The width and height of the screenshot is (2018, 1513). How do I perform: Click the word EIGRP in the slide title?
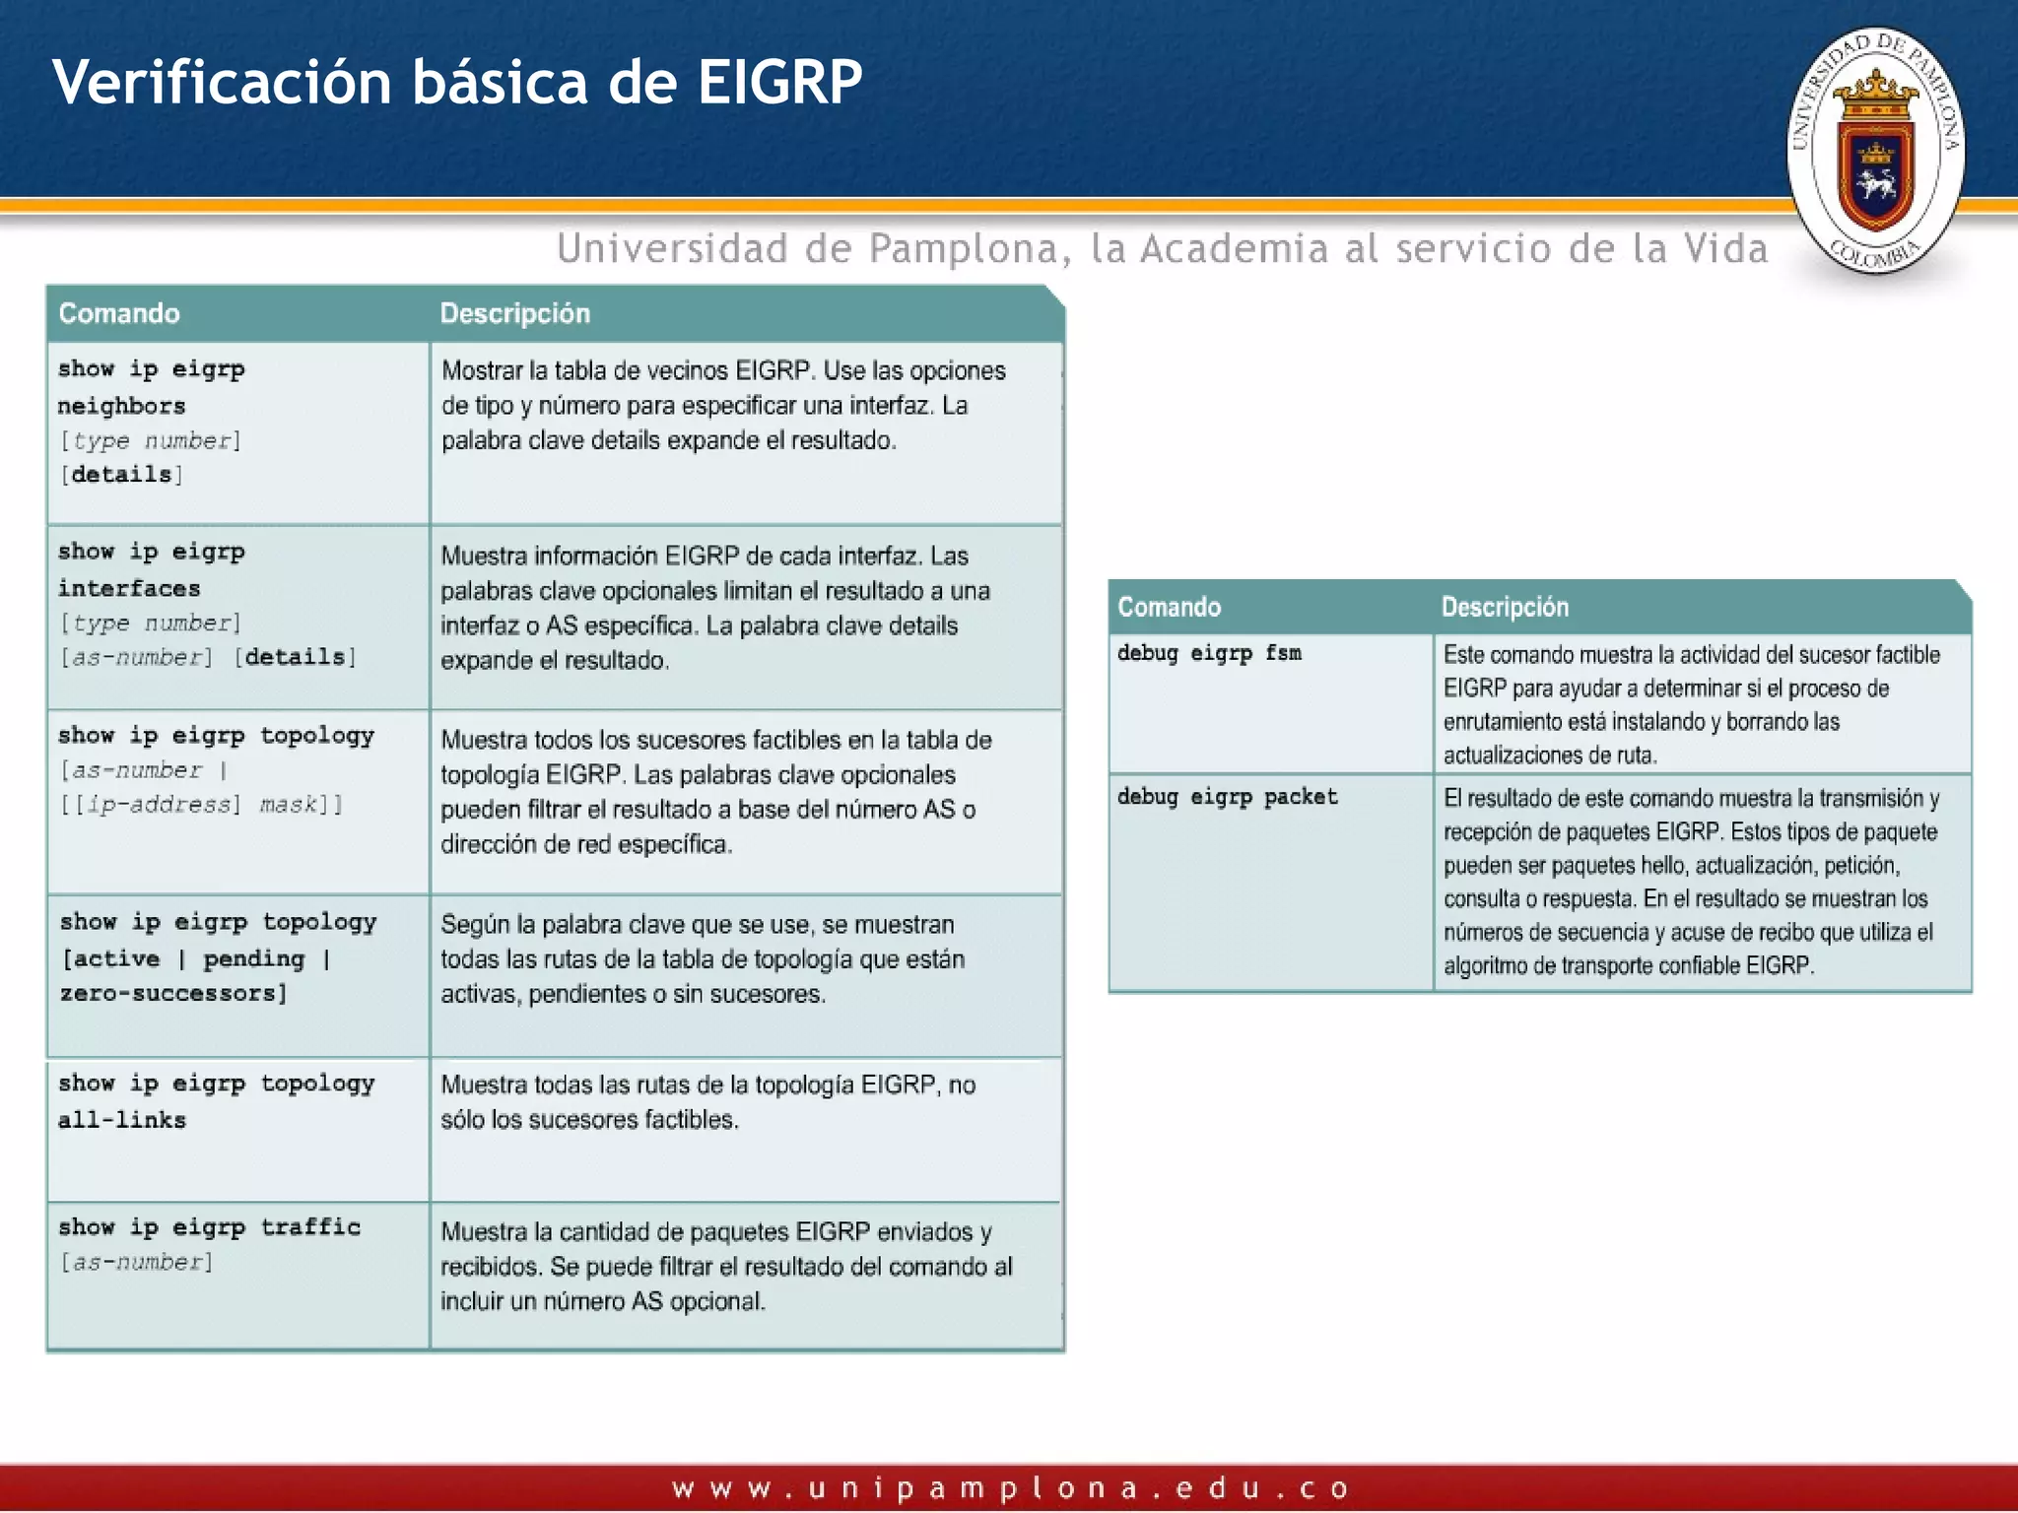(x=779, y=82)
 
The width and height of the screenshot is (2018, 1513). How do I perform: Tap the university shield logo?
(x=1875, y=150)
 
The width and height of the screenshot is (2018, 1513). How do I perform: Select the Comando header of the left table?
(x=119, y=313)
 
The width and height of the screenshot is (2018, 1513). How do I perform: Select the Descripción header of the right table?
(x=1504, y=607)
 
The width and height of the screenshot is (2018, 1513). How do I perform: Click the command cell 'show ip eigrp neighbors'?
(x=151, y=387)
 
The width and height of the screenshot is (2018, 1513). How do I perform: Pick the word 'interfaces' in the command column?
(x=129, y=588)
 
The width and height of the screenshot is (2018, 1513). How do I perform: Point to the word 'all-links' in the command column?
(x=122, y=1120)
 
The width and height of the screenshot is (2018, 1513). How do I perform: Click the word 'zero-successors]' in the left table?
(x=173, y=993)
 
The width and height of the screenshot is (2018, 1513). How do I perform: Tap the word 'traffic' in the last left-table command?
(x=310, y=1226)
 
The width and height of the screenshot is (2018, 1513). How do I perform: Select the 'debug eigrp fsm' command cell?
(x=1209, y=653)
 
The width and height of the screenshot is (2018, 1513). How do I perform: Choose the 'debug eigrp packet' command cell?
(x=1227, y=797)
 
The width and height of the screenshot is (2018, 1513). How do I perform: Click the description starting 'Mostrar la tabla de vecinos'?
(x=723, y=405)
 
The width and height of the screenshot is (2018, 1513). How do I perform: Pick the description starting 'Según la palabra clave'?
(x=702, y=958)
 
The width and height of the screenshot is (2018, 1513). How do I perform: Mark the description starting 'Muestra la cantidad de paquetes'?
(x=725, y=1266)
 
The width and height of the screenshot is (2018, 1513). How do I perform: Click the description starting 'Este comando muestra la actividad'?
(x=1691, y=704)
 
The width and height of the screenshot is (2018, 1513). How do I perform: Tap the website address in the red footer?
(x=1009, y=1487)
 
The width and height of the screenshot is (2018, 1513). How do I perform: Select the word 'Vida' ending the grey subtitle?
(x=1725, y=248)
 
